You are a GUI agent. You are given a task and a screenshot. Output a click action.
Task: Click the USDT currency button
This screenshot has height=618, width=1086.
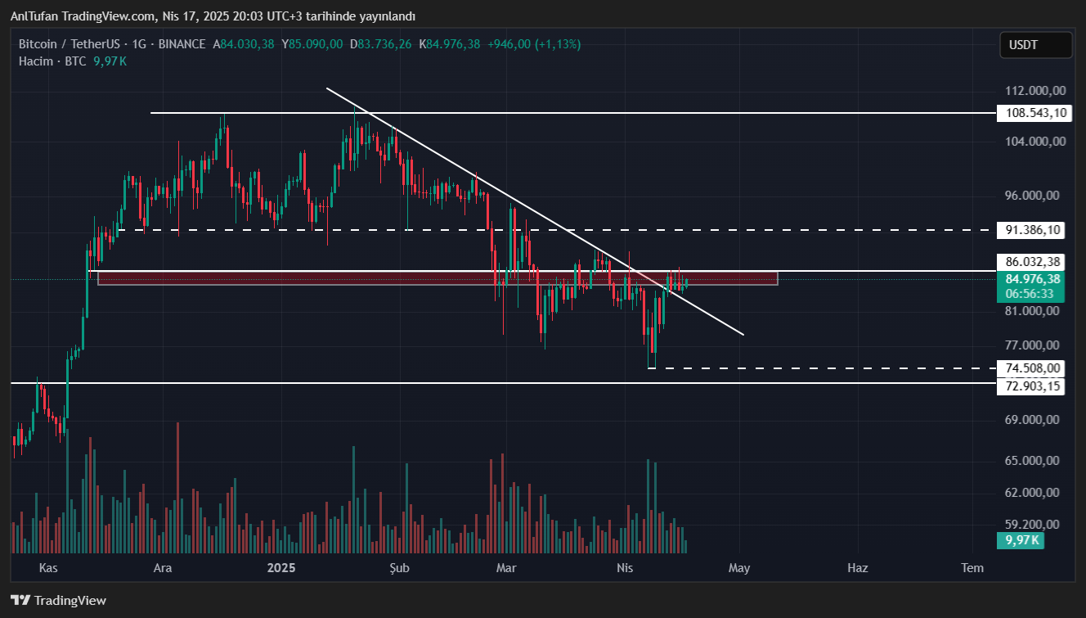1035,45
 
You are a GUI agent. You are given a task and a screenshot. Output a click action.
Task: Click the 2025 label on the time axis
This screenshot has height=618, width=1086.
281,567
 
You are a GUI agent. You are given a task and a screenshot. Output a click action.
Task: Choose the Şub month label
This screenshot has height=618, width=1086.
399,567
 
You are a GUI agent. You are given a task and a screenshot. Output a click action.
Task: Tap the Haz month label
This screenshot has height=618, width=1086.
857,567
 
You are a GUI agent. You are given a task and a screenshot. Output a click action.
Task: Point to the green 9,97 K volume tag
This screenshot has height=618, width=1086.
1020,540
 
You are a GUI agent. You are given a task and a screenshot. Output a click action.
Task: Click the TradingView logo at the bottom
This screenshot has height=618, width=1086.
59,600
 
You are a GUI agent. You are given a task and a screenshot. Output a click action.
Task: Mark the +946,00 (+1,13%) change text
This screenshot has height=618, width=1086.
534,44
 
